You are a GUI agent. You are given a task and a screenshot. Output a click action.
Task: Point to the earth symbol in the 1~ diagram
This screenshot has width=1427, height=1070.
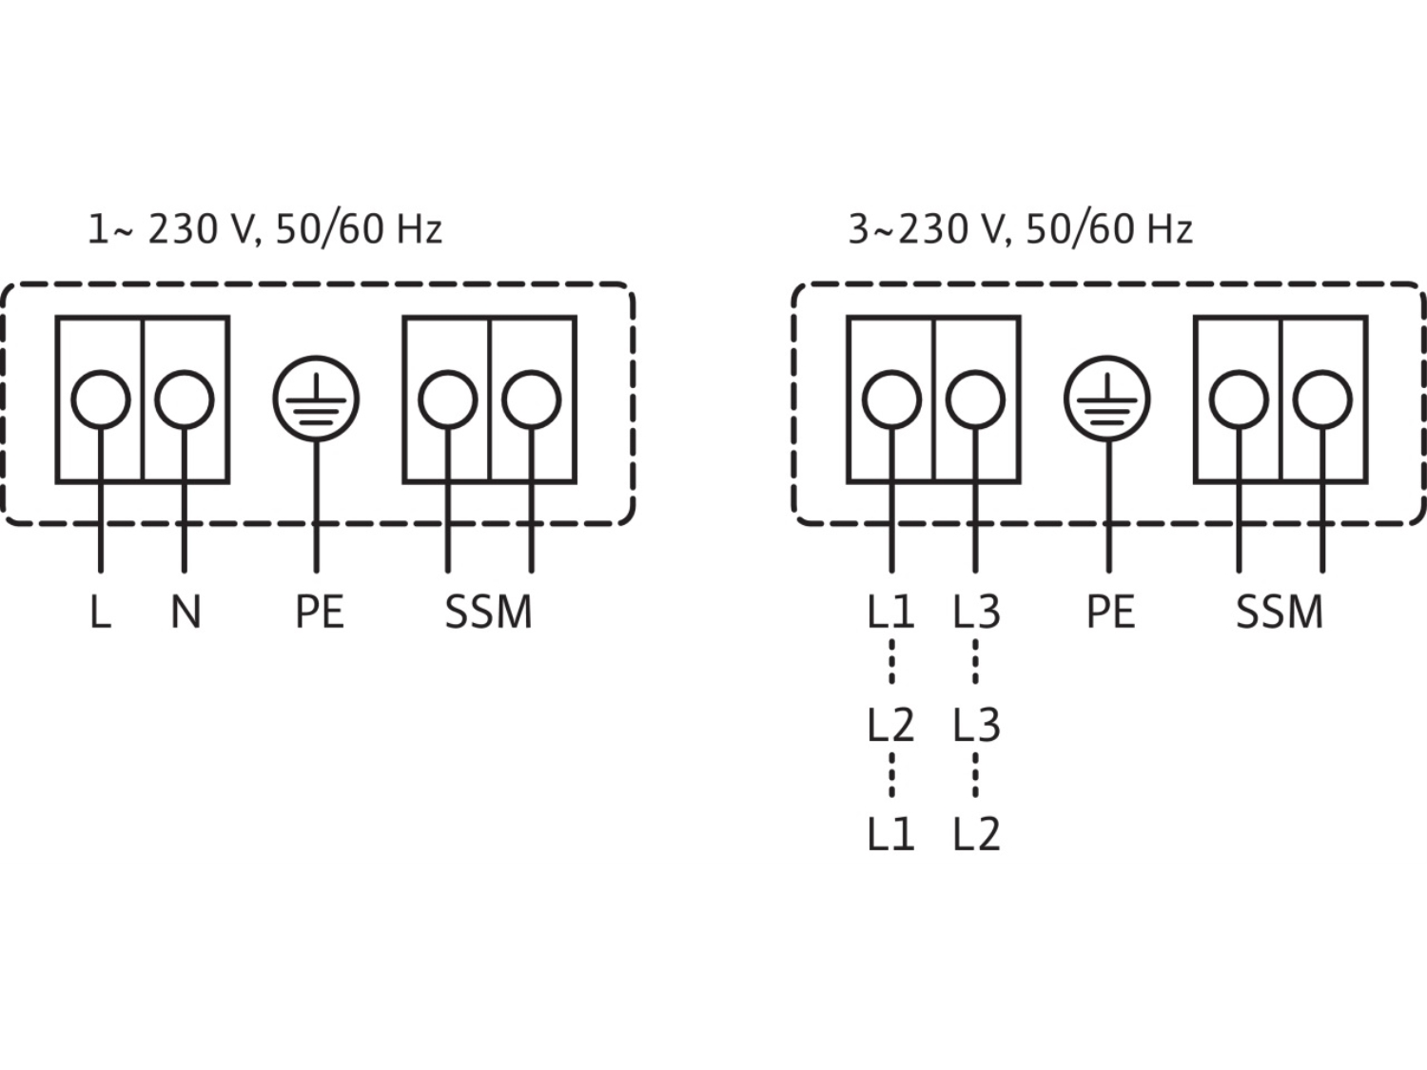(x=316, y=399)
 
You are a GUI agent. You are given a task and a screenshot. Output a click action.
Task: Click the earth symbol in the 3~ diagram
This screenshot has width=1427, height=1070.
(x=1107, y=399)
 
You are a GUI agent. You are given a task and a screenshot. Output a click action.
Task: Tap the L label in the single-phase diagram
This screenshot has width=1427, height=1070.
(x=100, y=612)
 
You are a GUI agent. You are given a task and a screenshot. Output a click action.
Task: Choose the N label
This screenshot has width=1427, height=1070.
(x=186, y=612)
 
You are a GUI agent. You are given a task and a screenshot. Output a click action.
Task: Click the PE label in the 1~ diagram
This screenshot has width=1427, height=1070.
(x=320, y=612)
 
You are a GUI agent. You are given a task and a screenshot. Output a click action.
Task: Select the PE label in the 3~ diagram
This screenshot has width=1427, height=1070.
(x=1111, y=612)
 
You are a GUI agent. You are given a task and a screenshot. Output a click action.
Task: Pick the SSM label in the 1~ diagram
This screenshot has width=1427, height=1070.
(x=489, y=612)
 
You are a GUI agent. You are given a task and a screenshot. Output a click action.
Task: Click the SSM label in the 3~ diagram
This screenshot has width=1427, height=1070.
(x=1280, y=612)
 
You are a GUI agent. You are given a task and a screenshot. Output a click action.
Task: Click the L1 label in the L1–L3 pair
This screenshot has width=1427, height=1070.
(x=890, y=612)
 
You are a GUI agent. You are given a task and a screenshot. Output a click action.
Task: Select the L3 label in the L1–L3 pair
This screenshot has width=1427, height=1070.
(x=976, y=612)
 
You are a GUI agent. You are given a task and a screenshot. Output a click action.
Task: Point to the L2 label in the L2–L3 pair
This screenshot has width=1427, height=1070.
(x=890, y=725)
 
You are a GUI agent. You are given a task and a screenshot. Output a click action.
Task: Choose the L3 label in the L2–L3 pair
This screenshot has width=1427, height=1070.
(x=976, y=725)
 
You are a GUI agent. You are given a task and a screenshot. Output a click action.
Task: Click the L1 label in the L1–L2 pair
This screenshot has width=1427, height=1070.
(x=890, y=834)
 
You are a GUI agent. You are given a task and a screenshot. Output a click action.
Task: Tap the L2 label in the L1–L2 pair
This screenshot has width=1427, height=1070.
(x=976, y=834)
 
